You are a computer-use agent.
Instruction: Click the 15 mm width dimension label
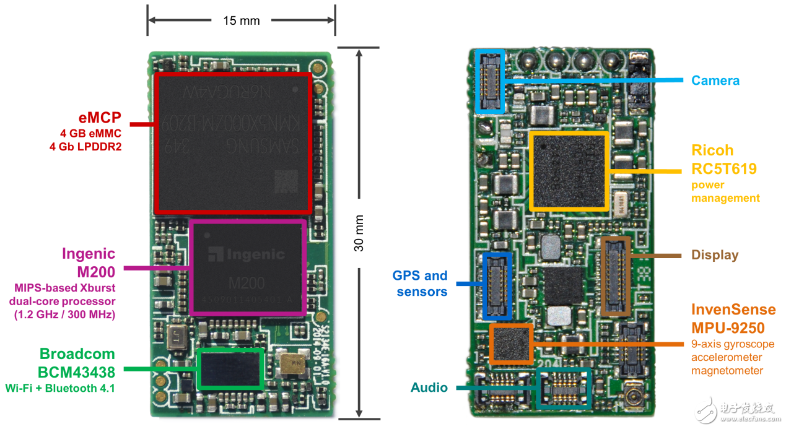(241, 20)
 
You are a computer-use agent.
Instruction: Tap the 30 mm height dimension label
(359, 233)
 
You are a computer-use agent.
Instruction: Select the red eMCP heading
(99, 118)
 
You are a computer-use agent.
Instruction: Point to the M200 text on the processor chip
(247, 284)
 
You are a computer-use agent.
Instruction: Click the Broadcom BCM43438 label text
(77, 363)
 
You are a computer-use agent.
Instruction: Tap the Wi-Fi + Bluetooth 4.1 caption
(60, 389)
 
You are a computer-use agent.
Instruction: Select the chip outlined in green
(230, 368)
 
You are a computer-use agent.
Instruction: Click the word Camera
(715, 80)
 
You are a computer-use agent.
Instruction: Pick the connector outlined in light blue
(490, 81)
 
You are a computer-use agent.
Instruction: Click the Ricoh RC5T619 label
(723, 160)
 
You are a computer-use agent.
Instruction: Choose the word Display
(715, 255)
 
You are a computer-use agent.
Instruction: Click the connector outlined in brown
(616, 275)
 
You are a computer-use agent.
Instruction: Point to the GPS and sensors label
(419, 284)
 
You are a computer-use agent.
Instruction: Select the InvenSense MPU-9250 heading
(733, 318)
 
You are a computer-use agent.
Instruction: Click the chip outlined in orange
(512, 344)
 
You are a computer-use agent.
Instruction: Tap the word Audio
(429, 388)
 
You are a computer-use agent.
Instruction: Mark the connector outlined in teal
(564, 388)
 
